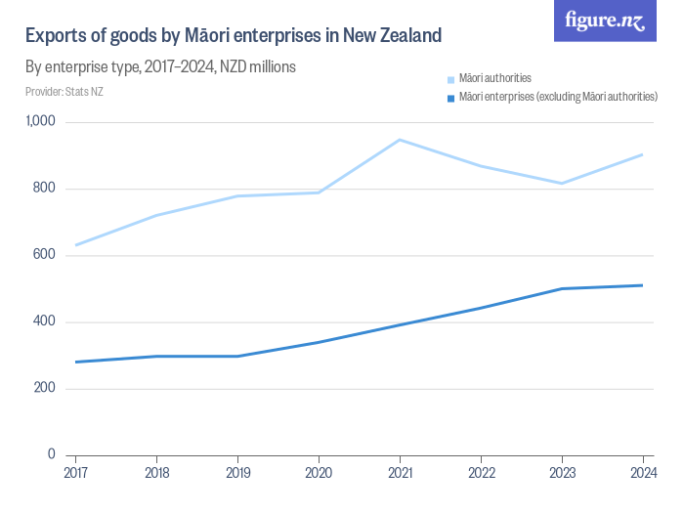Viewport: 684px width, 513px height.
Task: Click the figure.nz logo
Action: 606,21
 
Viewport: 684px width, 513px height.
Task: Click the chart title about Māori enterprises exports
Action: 233,36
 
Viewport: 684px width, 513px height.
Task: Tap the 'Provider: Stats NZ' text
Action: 64,92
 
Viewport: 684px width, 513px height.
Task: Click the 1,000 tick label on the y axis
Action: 40,122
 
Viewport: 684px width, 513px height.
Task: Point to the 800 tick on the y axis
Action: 45,189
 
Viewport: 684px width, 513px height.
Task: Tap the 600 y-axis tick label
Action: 45,255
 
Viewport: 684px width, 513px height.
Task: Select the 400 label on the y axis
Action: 45,321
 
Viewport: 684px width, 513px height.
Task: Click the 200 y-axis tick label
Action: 45,388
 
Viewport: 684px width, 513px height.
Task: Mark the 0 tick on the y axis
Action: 51,454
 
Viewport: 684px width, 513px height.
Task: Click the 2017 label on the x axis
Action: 75,473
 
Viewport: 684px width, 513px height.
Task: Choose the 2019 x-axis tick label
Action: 237,473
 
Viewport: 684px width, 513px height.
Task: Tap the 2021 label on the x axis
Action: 399,473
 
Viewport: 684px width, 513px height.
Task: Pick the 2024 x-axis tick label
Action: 641,473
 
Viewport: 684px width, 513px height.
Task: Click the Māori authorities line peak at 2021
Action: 399,140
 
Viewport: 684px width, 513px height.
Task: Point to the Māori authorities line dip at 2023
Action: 561,183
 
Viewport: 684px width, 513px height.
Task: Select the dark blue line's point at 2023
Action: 561,288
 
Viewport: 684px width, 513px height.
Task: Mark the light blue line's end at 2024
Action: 641,154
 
